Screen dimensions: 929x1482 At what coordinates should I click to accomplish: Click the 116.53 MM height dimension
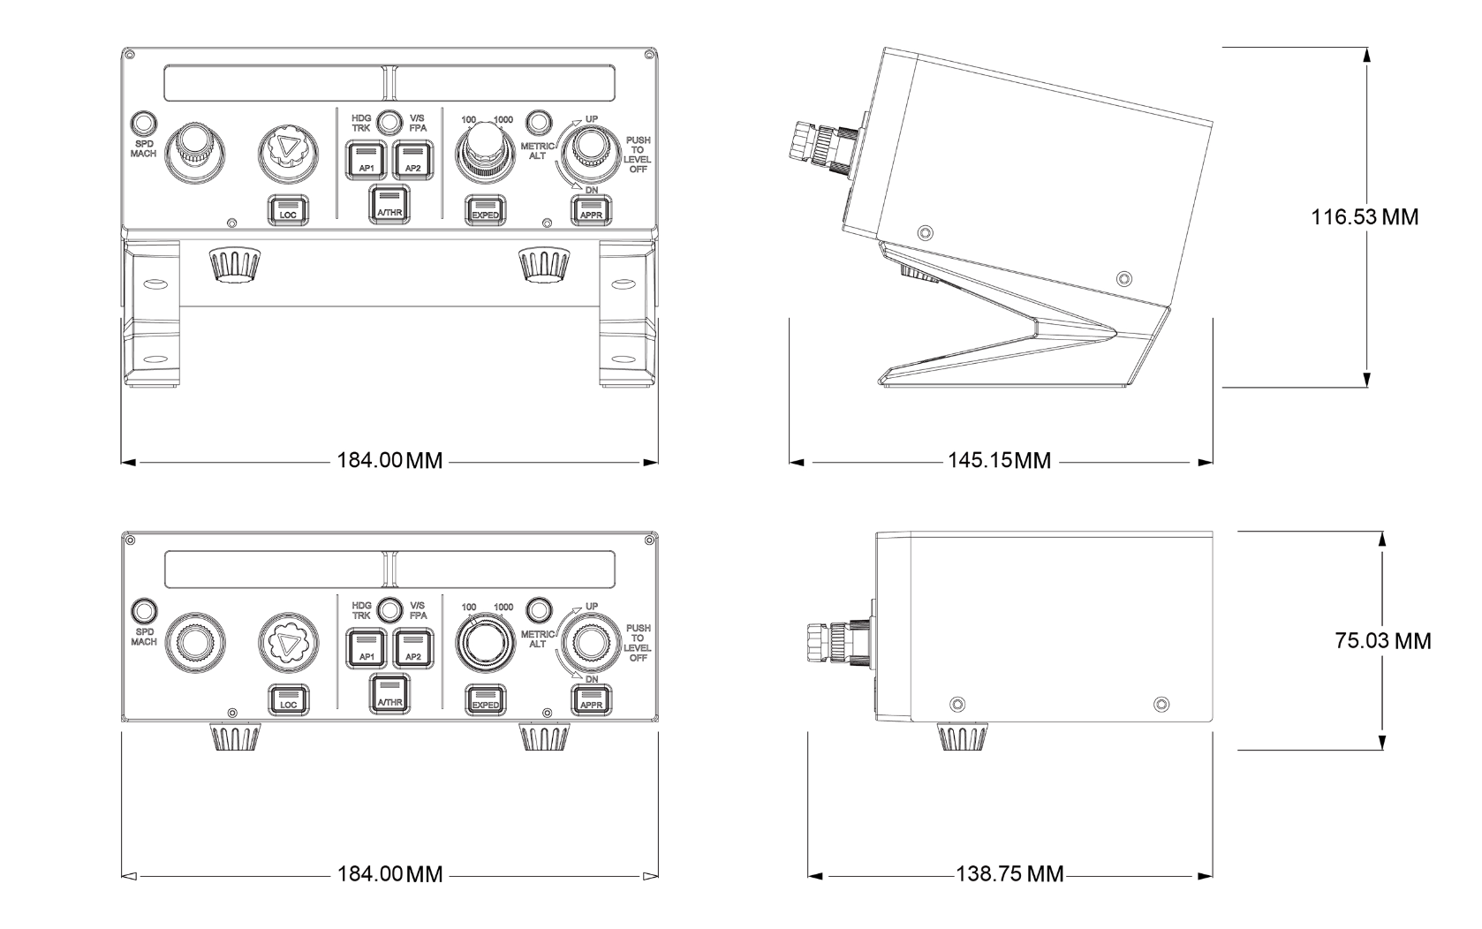click(1365, 216)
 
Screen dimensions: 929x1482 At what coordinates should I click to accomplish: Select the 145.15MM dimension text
click(1000, 461)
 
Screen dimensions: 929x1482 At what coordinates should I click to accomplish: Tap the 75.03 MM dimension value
click(1382, 640)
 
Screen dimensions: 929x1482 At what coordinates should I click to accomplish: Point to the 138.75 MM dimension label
click(1009, 874)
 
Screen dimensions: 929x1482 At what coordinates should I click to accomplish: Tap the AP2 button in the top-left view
click(412, 162)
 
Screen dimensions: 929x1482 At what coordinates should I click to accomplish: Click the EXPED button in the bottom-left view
click(485, 700)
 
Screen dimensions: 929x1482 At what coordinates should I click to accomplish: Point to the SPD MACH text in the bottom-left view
click(144, 637)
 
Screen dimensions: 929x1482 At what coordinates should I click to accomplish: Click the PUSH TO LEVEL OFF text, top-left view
click(638, 154)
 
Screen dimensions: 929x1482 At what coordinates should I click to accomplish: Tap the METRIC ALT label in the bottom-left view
click(537, 638)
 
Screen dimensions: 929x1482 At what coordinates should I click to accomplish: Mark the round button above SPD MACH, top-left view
click(143, 122)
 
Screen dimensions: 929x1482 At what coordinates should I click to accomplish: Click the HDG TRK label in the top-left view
click(361, 122)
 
